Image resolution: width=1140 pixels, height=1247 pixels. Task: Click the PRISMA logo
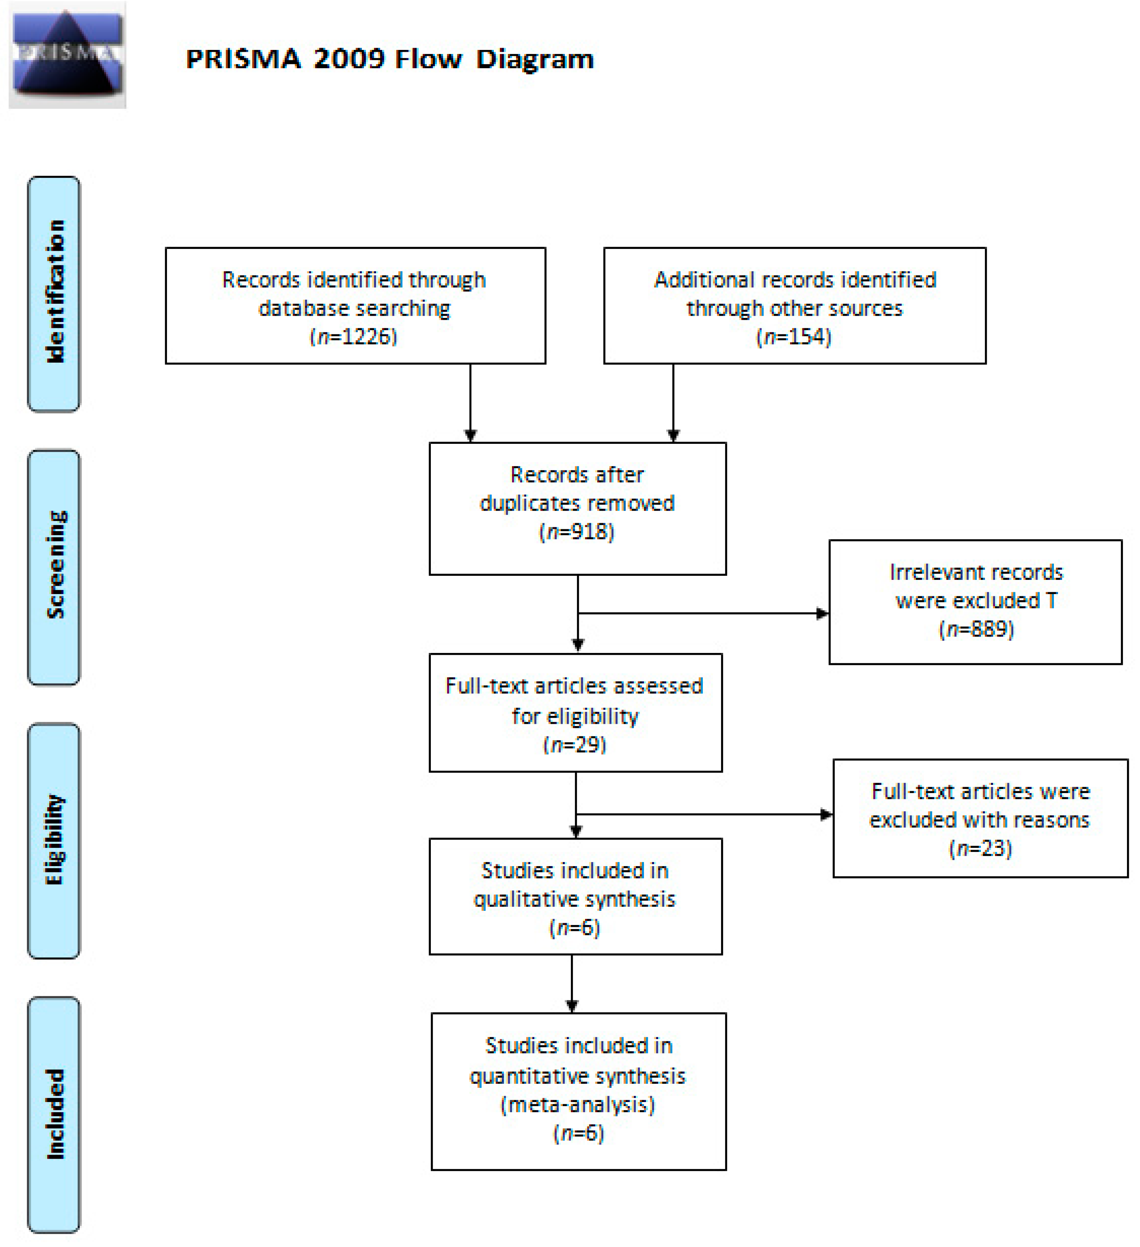(x=67, y=56)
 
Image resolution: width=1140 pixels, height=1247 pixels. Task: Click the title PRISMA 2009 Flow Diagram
(x=390, y=59)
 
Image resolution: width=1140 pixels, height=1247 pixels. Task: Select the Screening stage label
(x=54, y=566)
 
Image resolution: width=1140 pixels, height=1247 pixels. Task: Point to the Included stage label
(x=54, y=1114)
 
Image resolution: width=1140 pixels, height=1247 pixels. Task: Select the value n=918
(x=577, y=532)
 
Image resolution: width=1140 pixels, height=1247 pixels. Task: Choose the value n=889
(x=977, y=629)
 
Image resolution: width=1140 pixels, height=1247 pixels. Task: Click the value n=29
(x=575, y=744)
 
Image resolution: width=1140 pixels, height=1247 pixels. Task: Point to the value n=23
(x=980, y=848)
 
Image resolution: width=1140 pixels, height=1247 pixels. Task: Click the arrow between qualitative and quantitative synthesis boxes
(x=572, y=984)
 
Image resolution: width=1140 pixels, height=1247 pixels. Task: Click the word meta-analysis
(x=578, y=1105)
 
